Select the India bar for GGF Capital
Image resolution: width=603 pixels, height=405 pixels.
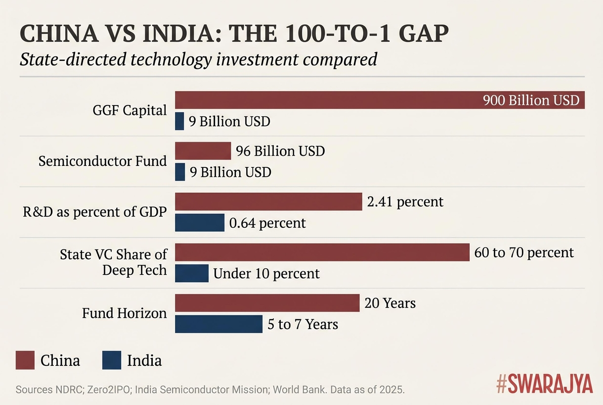point(179,121)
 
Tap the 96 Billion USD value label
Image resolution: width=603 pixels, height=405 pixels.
point(280,151)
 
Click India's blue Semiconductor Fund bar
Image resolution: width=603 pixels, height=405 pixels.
point(180,172)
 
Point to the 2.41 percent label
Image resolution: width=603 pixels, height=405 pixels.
point(405,202)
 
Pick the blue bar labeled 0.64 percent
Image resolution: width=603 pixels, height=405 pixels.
point(200,223)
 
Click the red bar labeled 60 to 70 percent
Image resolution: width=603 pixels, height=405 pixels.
point(322,253)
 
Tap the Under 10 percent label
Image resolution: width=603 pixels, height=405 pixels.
point(266,273)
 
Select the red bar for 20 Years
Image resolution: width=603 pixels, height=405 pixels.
point(267,303)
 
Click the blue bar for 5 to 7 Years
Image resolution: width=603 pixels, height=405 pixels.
point(218,324)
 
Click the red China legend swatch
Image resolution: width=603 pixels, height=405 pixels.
point(25,360)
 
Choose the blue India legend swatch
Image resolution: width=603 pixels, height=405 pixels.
point(112,360)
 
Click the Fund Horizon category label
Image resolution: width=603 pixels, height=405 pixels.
point(124,313)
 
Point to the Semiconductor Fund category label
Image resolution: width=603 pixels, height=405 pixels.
point(102,161)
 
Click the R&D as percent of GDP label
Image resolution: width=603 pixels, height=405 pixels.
point(94,212)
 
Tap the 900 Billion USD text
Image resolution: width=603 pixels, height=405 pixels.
point(530,101)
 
